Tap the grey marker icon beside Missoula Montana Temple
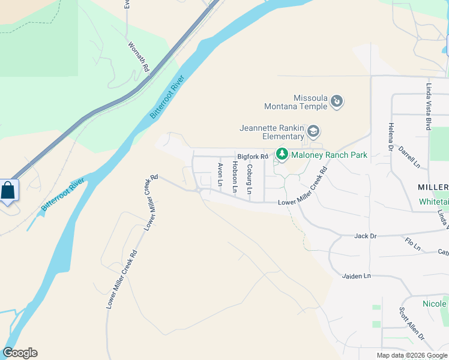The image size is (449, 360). coord(337,101)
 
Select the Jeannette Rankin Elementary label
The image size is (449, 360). coord(272,132)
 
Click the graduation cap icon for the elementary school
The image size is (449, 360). coord(313,131)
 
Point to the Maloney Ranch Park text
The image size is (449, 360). coord(329,155)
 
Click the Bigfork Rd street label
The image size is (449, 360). coord(252,156)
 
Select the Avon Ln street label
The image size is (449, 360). coord(220,174)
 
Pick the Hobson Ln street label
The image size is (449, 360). coord(235,178)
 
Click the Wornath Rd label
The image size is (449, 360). coord(138,56)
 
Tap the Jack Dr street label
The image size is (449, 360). coord(364,236)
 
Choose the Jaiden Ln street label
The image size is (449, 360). coord(357,275)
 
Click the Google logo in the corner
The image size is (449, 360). coord(20,353)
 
